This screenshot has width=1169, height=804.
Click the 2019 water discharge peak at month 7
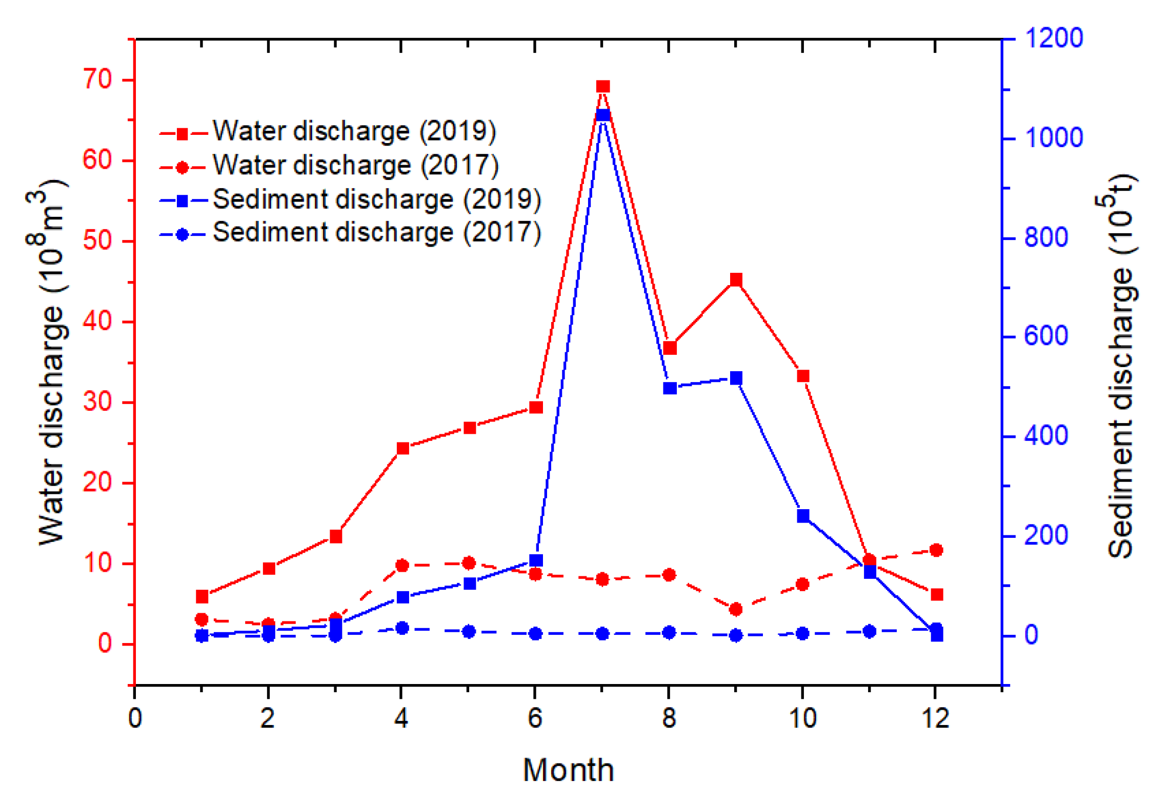point(603,86)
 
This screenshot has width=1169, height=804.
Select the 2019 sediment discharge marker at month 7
point(603,115)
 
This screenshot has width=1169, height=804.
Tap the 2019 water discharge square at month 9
point(736,279)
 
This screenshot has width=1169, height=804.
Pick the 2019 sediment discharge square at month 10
point(803,515)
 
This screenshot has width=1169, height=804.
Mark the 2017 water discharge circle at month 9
point(736,609)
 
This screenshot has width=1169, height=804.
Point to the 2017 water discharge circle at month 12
point(936,550)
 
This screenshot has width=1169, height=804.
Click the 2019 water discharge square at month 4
point(403,449)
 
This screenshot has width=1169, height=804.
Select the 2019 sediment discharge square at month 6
point(536,560)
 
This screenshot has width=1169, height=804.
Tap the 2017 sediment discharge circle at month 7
point(602,634)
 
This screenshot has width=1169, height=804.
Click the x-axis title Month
point(568,770)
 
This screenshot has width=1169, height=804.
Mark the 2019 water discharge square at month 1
point(202,597)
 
